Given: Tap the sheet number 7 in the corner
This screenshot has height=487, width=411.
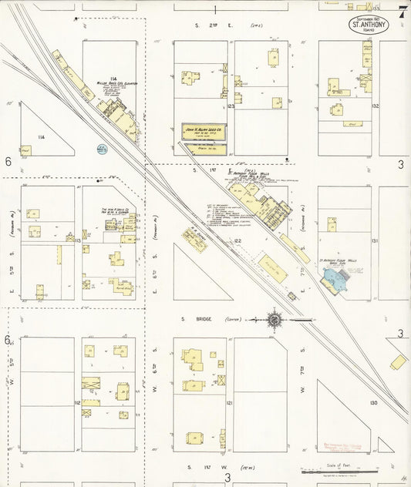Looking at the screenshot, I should click(403, 12).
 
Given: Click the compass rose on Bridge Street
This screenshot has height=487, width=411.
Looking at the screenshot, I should click(275, 318).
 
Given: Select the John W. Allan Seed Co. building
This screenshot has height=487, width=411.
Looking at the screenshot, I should click(204, 132).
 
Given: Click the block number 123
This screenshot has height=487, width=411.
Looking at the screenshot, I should click(231, 107).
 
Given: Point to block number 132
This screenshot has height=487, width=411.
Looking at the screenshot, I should click(375, 106).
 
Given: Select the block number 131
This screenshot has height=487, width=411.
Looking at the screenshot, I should click(375, 241).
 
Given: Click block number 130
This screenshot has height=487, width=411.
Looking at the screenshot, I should click(374, 402).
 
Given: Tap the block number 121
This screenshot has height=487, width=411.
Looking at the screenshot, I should click(230, 402).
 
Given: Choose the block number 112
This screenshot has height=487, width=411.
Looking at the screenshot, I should click(77, 402).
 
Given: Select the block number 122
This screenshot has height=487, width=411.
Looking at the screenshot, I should click(239, 241).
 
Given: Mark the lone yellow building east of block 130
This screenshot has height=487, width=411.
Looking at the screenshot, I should click(398, 361).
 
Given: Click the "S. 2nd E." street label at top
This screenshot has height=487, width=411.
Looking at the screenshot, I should click(208, 25).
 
